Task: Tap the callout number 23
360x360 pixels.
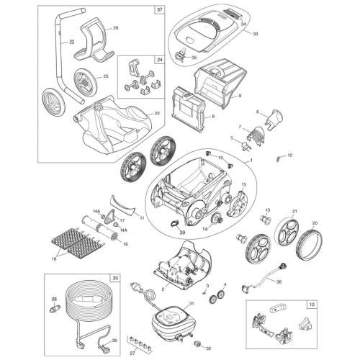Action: [72, 42]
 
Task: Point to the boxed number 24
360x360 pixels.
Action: [159, 60]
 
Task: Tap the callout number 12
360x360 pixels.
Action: [290, 155]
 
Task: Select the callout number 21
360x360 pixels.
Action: [294, 211]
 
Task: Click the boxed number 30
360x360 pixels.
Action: [114, 277]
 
